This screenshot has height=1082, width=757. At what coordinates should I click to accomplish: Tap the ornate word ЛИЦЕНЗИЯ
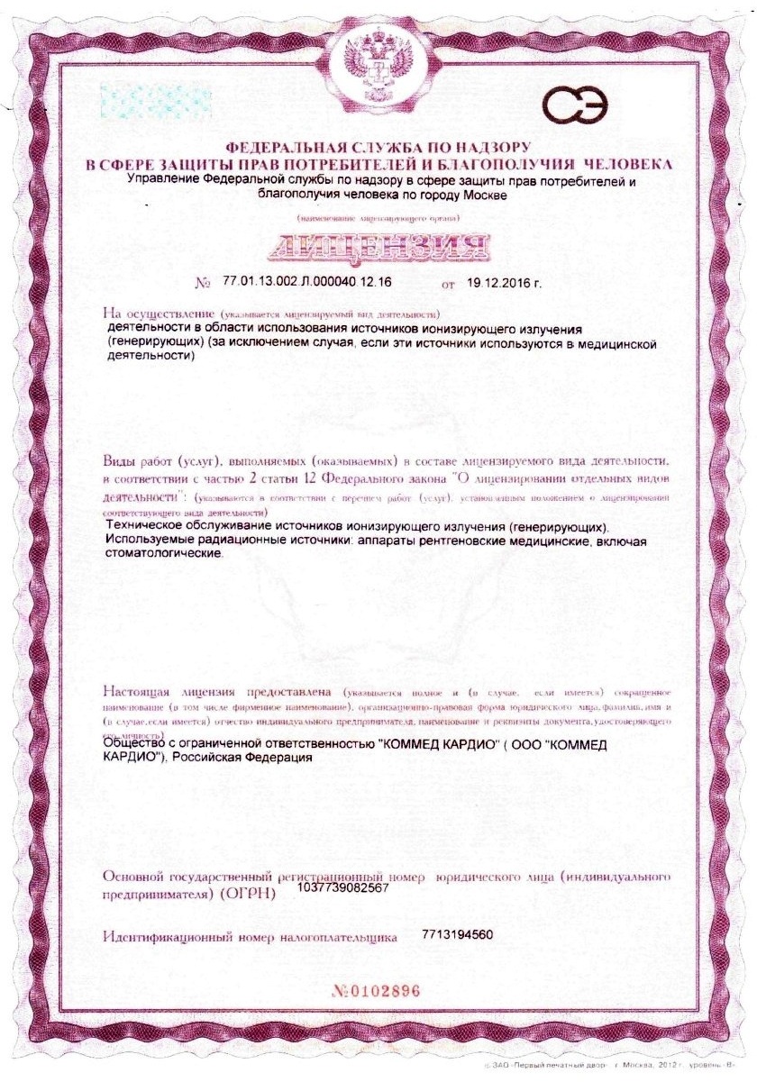[x=378, y=246]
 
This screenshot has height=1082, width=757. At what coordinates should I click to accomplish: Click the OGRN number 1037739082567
[x=342, y=887]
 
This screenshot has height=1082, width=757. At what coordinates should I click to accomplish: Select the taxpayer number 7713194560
[x=457, y=934]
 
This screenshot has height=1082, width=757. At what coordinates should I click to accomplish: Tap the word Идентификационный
[x=169, y=937]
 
